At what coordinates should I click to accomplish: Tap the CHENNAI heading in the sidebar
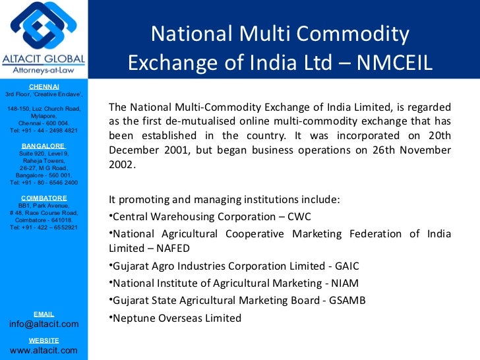[x=44, y=87]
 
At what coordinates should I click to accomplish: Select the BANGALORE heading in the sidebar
[x=44, y=145]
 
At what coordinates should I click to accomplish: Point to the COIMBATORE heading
[x=44, y=198]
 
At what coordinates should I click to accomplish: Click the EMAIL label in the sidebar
[x=44, y=314]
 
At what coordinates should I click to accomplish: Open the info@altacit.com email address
[x=44, y=324]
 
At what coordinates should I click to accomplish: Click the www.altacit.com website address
[x=44, y=350]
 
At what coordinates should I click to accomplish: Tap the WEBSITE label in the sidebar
[x=44, y=340]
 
